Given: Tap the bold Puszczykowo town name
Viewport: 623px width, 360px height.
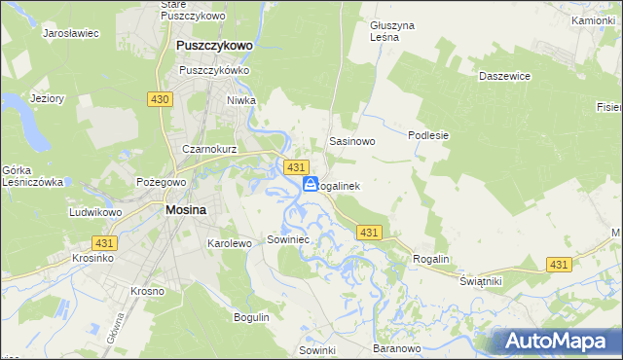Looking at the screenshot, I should tap(213, 45).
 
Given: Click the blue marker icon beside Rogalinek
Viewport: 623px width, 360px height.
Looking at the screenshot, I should tap(310, 184).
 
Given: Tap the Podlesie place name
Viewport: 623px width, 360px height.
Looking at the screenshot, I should tap(427, 135).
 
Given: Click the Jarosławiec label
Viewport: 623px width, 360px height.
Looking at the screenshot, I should tap(71, 33).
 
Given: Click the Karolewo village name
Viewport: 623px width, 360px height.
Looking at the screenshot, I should tap(230, 242).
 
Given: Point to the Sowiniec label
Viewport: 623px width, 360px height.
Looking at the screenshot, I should tap(287, 239).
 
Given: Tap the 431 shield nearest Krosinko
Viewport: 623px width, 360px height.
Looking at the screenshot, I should tap(103, 241).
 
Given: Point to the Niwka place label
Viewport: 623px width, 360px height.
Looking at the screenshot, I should tap(268, 98).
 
